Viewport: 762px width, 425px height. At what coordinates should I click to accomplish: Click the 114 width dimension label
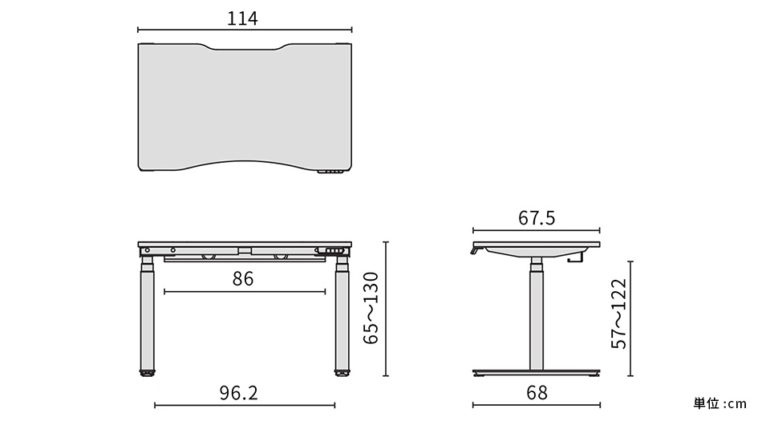pos(242,18)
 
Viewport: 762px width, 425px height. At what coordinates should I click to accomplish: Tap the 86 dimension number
pos(243,279)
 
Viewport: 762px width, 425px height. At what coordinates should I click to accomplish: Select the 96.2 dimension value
pos(238,393)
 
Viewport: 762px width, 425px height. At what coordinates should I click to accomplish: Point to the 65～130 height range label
pos(371,309)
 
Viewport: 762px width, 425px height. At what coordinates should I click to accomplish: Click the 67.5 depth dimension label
pos(537,218)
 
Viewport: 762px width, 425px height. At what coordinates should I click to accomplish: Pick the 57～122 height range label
pos(619,314)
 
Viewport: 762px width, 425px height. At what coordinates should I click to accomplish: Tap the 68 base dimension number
pos(537,392)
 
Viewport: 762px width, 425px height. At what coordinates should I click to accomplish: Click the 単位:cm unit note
pos(719,403)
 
